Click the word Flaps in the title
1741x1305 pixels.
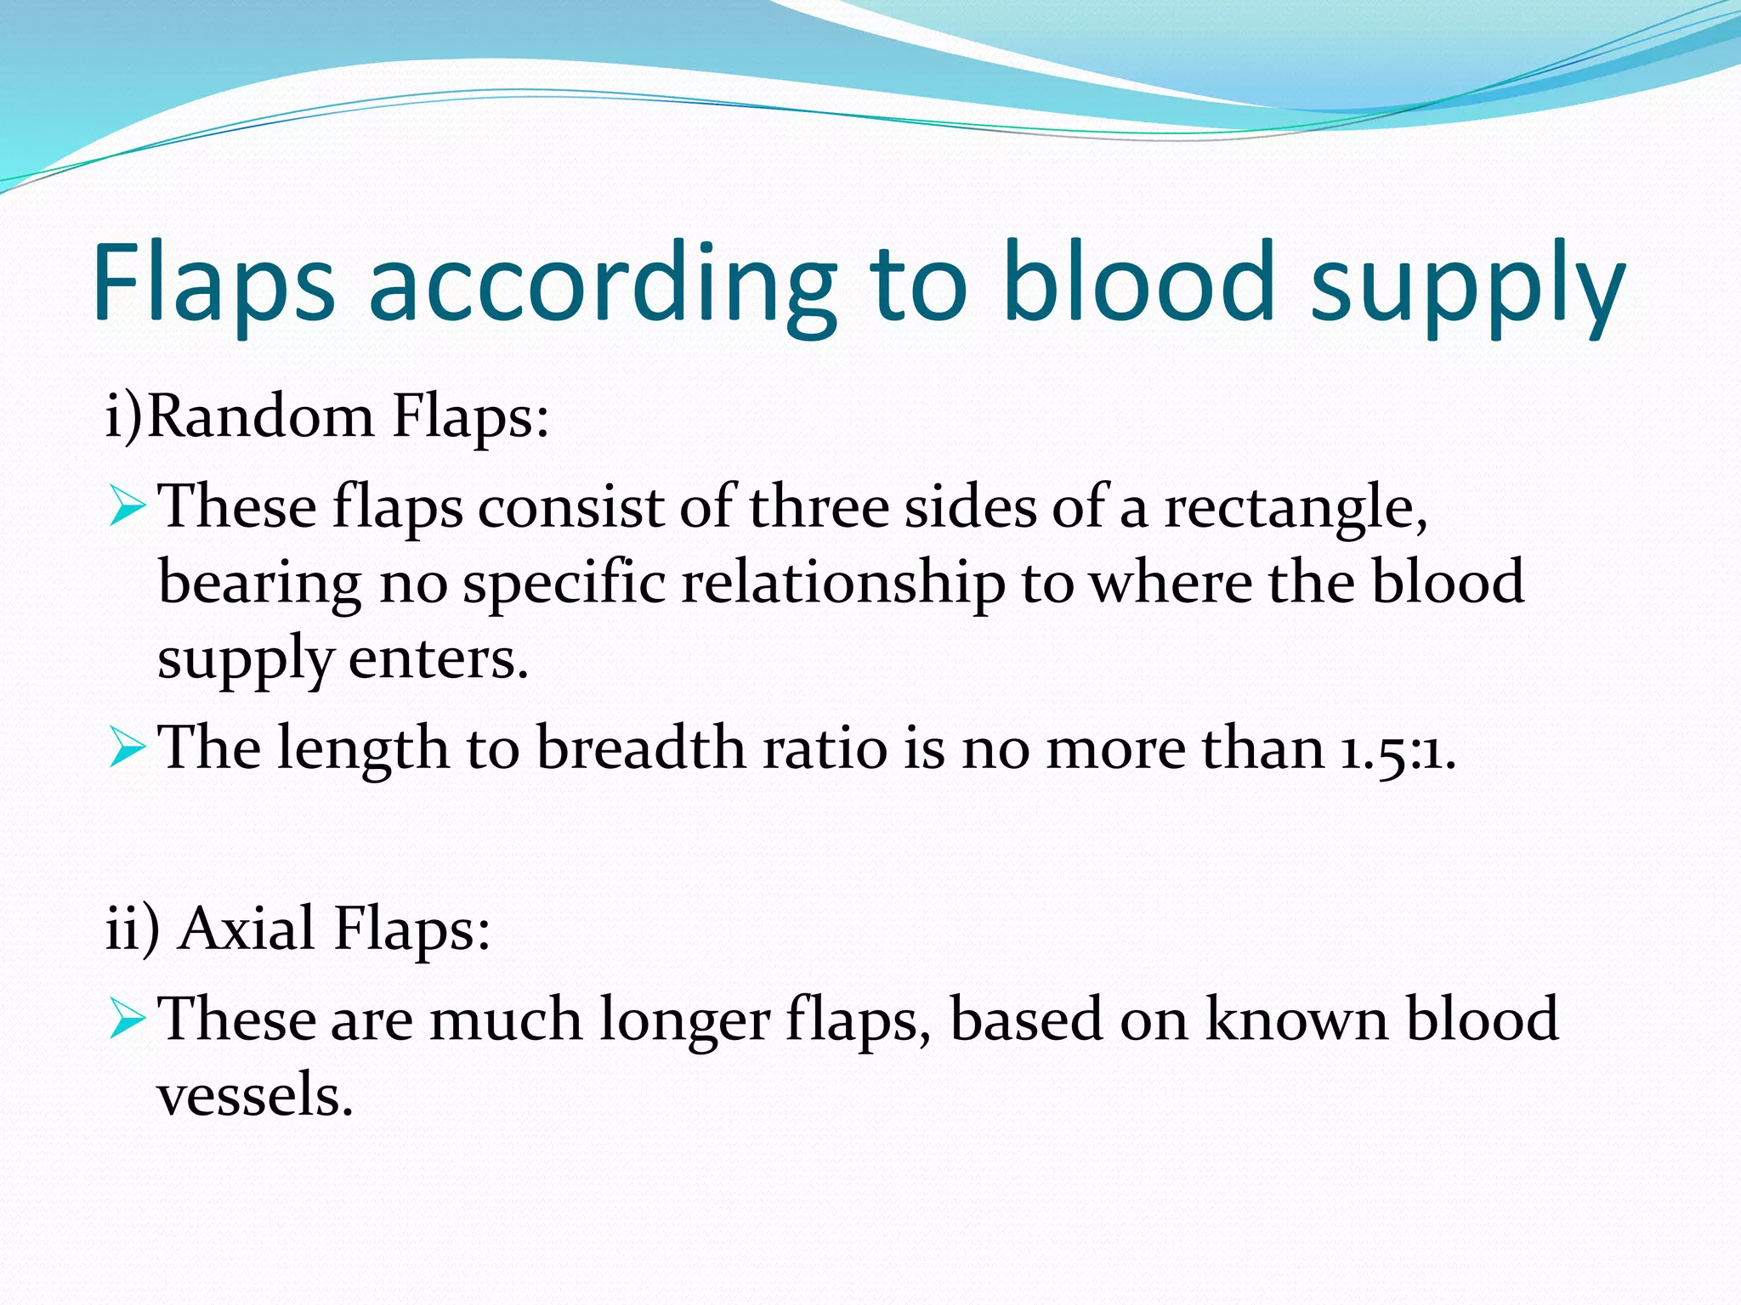coord(213,282)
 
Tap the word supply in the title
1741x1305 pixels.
coord(1467,289)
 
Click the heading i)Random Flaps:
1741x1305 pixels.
coord(327,418)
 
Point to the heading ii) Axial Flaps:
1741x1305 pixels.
coord(298,929)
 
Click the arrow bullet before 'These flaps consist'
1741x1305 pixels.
coord(128,506)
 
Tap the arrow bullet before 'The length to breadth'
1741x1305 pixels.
coord(128,749)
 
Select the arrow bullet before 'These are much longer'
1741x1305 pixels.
coord(128,1019)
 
